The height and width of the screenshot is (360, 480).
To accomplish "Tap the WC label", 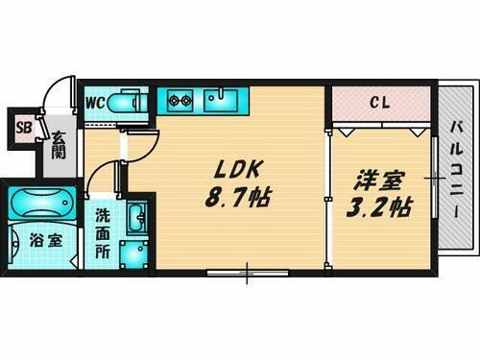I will pyautogui.click(x=96, y=102).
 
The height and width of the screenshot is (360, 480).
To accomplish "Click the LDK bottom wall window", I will pyautogui.click(x=247, y=275).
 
